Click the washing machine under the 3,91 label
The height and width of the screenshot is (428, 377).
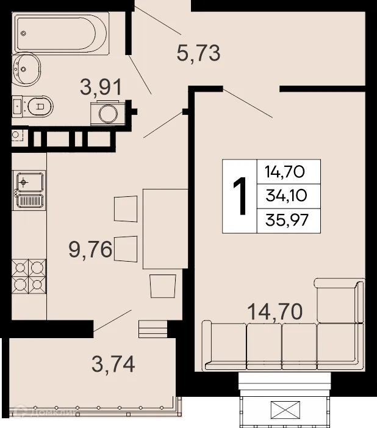click(109, 113)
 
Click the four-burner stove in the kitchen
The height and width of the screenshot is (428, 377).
click(28, 276)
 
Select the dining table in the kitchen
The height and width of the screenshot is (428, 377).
click(165, 229)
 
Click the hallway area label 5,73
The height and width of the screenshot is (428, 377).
click(198, 54)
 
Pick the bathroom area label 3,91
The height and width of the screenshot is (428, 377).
click(101, 87)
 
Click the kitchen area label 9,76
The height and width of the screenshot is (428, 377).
click(89, 250)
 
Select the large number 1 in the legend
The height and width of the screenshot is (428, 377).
click(240, 196)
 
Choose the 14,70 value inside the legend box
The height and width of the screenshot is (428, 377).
click(284, 172)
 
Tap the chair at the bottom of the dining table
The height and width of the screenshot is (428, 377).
click(163, 286)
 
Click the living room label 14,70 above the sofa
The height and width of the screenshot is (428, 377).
click(275, 312)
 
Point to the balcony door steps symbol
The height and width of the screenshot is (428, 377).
click(153, 329)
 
